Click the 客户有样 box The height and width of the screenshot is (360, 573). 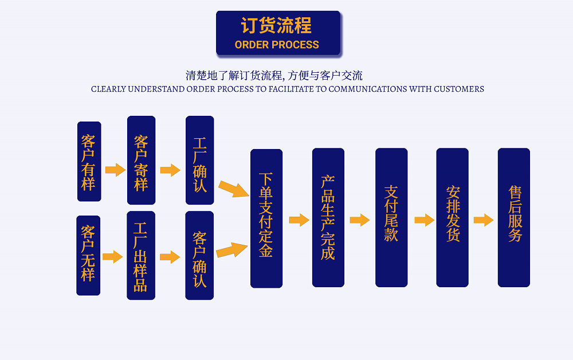coord(89,162)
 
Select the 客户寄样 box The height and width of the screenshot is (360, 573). coord(141,161)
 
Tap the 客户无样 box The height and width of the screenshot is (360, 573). coord(88,256)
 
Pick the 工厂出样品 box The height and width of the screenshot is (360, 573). coord(141,256)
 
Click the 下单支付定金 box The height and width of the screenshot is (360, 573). coord(266,218)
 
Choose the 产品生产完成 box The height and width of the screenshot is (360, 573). coord(328,218)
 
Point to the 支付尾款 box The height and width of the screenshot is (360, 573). coord(391,218)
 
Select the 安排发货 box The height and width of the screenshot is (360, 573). coord(452,218)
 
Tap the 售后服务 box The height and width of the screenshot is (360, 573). coord(513,218)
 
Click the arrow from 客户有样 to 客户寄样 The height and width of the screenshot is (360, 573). coord(115,170)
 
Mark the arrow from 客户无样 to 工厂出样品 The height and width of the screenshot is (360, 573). coord(113,257)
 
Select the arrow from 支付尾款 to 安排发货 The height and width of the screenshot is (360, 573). coord(424,220)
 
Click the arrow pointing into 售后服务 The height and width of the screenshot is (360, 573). coord(484,220)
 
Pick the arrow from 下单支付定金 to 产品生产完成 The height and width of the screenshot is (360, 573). coord(299,220)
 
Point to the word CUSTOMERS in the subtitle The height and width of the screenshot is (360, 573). coord(458,89)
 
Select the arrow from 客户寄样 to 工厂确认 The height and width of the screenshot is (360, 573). coord(170,170)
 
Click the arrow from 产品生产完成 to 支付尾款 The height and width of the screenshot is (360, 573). coord(360,220)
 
